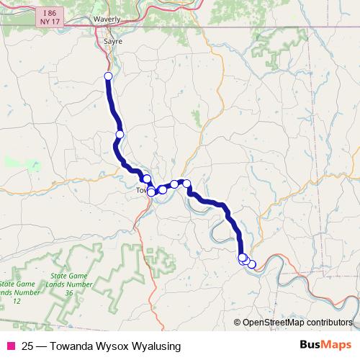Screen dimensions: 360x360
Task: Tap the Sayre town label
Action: point(113,42)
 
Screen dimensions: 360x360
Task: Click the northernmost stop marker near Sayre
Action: point(108,76)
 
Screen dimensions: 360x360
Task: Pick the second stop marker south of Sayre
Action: point(120,135)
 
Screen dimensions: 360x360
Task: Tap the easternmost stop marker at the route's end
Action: point(251,264)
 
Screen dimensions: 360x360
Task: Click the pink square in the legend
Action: point(10,346)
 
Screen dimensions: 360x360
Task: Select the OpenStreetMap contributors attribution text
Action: point(297,323)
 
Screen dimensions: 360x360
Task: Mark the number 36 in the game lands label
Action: point(69,294)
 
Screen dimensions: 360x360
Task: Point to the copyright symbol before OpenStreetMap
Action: point(238,323)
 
